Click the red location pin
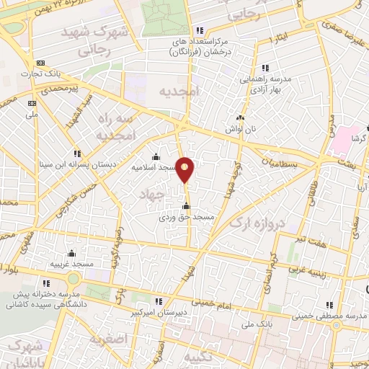click(185, 169)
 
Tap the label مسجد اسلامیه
click(154, 167)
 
